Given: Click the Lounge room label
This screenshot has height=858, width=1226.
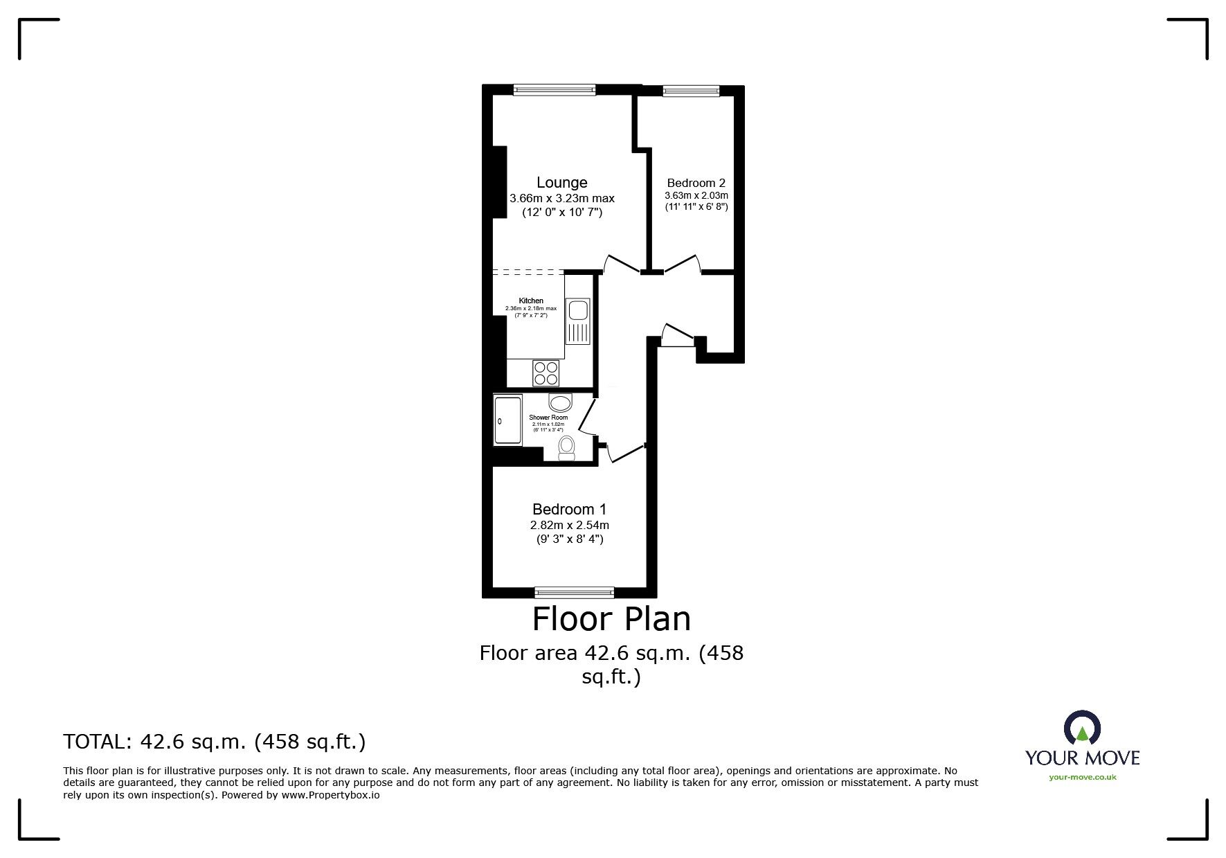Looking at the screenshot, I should click(561, 183).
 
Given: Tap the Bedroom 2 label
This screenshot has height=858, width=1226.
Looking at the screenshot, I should click(696, 184).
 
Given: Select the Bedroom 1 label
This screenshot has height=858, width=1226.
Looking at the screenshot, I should click(570, 509).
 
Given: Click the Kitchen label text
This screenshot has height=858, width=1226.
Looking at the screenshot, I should click(531, 301).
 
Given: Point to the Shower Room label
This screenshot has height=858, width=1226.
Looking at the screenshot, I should click(548, 418).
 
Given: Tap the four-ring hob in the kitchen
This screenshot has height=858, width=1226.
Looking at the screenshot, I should click(546, 373).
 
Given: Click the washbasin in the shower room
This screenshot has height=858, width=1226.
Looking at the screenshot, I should click(561, 402).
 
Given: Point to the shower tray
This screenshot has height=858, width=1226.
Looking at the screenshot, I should click(508, 420).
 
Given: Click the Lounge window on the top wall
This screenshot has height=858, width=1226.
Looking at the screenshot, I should click(554, 89).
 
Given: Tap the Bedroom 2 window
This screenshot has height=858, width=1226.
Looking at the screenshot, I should click(690, 89).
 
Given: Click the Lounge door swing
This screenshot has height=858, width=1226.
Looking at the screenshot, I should click(621, 263).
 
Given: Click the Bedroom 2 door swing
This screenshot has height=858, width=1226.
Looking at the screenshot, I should click(681, 263).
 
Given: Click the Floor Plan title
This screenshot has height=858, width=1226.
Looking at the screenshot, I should click(611, 619).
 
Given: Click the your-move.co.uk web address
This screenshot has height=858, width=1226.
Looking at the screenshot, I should click(1082, 778).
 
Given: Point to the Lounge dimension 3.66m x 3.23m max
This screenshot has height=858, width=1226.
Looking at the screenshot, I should click(561, 198).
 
